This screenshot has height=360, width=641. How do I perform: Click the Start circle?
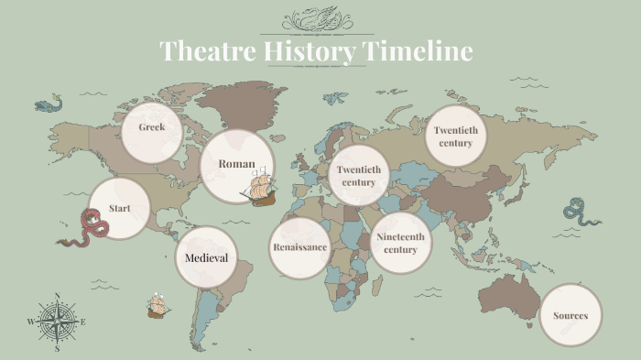pos(120,208)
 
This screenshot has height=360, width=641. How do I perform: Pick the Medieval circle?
pos(206,257)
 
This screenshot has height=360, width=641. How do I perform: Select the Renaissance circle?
pos(299,247)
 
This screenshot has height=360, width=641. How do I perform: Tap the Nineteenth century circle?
pos(400,243)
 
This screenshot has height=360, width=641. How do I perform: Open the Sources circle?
pos(570,316)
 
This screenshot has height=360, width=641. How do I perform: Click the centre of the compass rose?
pos(58,322)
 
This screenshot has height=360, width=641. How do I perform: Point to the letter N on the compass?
pos(58,296)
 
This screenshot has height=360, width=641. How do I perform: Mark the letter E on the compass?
pos(83,322)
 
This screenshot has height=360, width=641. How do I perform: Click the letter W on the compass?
pos(31,322)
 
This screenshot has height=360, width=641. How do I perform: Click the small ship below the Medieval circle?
pos(158,306)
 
